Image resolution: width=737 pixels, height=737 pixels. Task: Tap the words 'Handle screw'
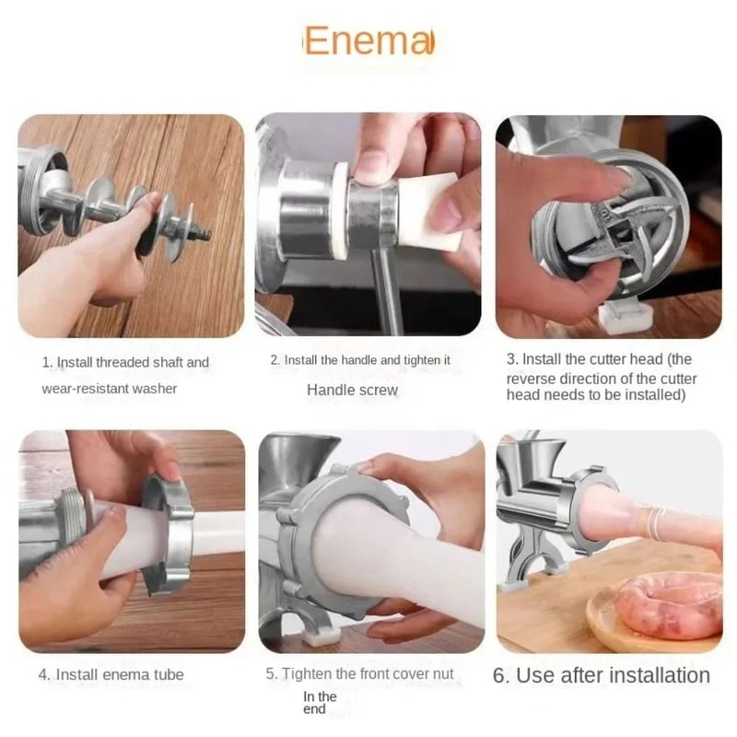[x=352, y=390]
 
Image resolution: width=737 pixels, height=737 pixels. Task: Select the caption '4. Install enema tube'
[x=111, y=674]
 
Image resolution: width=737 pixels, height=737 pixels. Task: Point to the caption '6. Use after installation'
[x=602, y=675]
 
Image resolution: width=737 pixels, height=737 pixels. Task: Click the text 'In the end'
[x=320, y=703]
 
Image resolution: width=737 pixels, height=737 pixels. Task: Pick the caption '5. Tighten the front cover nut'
[x=359, y=673]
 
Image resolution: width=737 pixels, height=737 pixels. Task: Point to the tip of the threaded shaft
[x=205, y=235]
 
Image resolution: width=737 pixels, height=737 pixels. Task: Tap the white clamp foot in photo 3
[x=624, y=316]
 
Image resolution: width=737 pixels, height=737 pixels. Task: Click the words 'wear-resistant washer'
[x=109, y=388]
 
